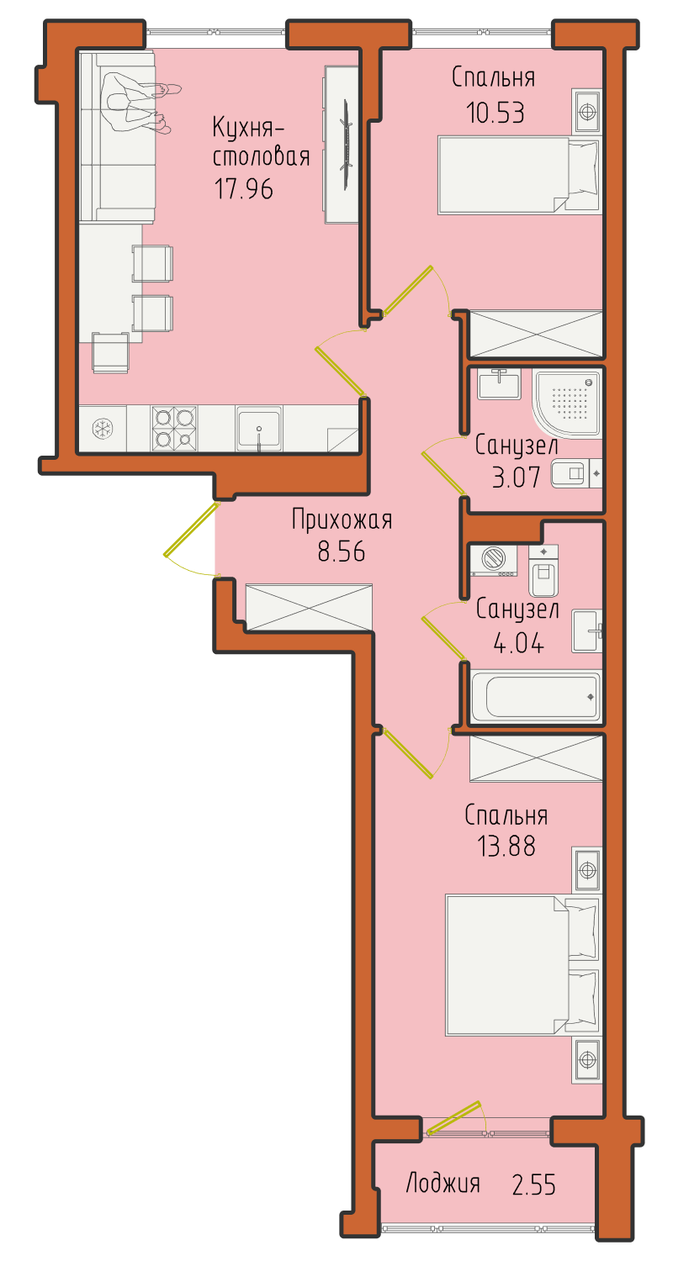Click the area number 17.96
pos(243,188)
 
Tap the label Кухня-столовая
pos(261,142)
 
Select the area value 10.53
pos(495,113)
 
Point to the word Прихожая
pos(342,520)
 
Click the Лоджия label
pos(443,1184)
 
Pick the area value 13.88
pos(506,846)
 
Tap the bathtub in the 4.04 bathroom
pos(535,696)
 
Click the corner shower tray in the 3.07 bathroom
pos(566,404)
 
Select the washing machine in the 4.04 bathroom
pos(494,560)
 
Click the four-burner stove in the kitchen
pos(174,429)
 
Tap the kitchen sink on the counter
pos(258,429)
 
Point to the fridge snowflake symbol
pos(103,429)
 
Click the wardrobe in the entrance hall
pos(309,607)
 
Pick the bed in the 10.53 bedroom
pos(518,175)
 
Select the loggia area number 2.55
pos(533,1184)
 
